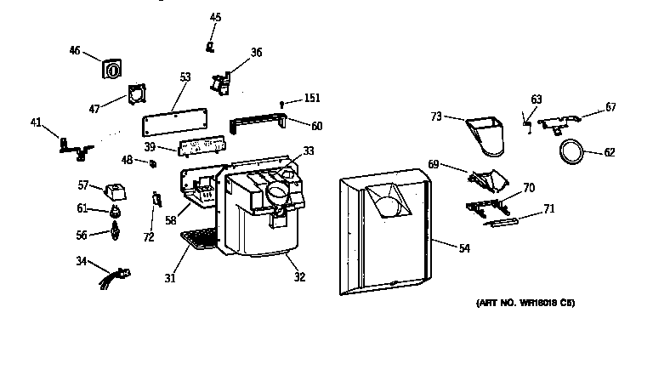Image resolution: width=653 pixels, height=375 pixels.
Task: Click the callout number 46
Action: tap(75, 51)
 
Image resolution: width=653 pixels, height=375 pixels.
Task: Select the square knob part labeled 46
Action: tap(110, 69)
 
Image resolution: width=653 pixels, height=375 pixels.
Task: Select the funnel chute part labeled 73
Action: tap(487, 138)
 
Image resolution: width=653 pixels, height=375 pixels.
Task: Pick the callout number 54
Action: tap(463, 248)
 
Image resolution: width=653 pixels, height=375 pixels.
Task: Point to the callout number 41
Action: tap(36, 123)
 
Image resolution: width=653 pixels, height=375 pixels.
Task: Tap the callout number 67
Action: tap(610, 107)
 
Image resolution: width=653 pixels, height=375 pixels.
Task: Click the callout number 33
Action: tap(309, 151)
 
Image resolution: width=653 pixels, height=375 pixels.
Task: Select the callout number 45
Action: tap(215, 17)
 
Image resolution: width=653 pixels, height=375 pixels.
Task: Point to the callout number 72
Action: tap(149, 236)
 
